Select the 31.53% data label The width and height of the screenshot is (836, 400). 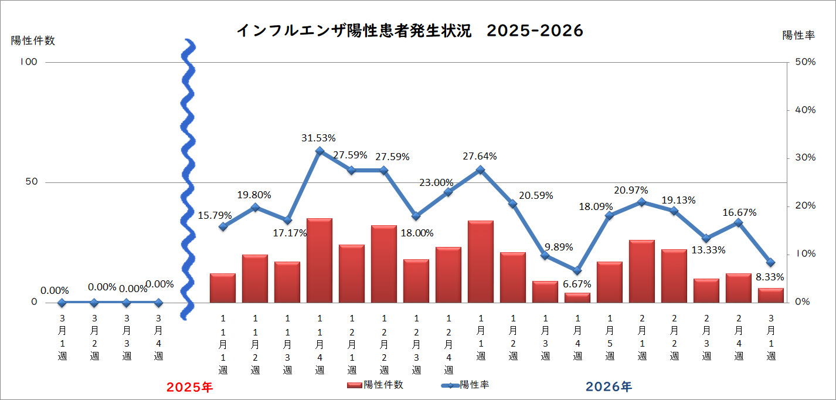pos(318,138)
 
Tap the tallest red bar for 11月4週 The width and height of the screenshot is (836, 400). pos(320,260)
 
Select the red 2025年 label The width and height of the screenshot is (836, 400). pos(190,387)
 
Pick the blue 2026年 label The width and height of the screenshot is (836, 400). pos(609,387)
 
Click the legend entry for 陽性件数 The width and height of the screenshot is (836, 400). pos(375,385)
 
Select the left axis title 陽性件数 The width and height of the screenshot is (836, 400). pos(33,40)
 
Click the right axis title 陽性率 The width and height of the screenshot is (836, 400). pos(798,35)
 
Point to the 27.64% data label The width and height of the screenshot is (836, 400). pos(479,157)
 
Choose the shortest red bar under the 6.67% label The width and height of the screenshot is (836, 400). pos(577,298)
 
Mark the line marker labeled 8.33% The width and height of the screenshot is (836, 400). pos(771,262)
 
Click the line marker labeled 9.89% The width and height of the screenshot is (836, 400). pos(545,255)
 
